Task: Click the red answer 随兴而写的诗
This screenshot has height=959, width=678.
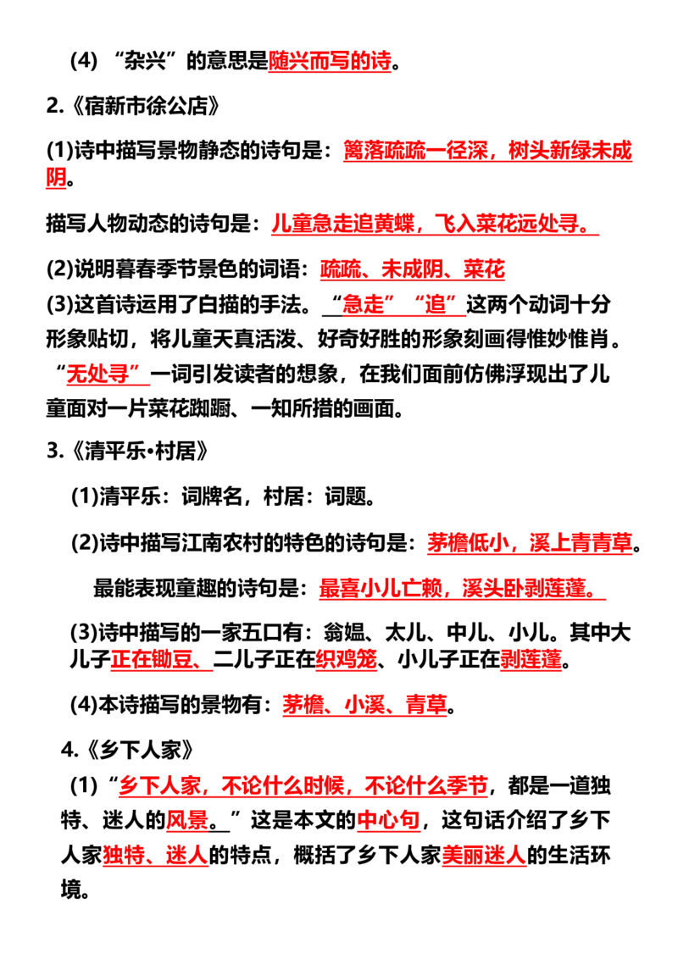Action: click(330, 61)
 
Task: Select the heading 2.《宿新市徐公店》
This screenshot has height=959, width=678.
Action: click(133, 106)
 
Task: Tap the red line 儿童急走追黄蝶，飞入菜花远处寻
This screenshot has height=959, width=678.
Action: click(431, 224)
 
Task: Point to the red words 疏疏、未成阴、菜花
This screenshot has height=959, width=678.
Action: click(413, 269)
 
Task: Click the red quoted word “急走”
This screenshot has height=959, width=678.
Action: click(364, 304)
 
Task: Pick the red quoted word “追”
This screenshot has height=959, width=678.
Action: click(435, 304)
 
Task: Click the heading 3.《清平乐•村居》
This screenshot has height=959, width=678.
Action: click(128, 452)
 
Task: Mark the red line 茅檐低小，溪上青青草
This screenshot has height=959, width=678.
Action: click(530, 542)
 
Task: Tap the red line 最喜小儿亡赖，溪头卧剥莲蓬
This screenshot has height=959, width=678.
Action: click(458, 589)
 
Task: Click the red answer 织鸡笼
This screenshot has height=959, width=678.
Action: click(347, 659)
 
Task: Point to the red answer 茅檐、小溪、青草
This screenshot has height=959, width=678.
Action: click(364, 705)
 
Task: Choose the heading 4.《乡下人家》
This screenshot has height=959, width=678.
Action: click(127, 750)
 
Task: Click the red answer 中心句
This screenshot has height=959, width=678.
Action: click(388, 819)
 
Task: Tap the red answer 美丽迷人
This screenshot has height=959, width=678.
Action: click(484, 855)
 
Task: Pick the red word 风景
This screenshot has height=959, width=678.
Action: click(188, 819)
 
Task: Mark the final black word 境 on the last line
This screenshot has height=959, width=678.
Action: click(71, 890)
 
